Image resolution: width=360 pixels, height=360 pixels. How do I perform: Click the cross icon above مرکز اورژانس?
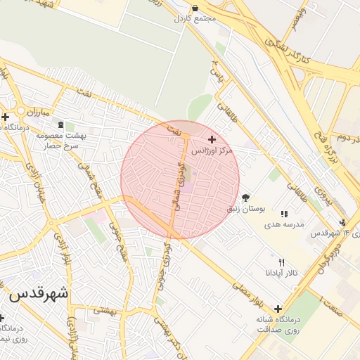(212, 140)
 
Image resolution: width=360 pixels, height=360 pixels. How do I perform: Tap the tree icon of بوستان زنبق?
(245, 198)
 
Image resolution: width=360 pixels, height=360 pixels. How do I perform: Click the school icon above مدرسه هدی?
(284, 213)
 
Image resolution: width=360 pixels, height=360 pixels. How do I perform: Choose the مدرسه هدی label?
(283, 224)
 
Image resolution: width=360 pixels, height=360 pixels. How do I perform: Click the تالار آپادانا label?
(282, 272)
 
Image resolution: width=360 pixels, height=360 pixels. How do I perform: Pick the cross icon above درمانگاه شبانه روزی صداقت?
(278, 309)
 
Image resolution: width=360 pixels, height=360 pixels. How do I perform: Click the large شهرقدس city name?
(39, 294)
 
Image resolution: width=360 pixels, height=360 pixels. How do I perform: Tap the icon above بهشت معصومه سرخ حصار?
(60, 124)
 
